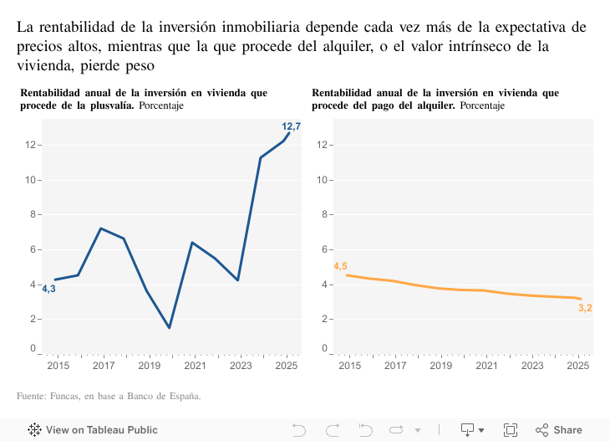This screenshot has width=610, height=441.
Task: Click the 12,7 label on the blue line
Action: (291, 126)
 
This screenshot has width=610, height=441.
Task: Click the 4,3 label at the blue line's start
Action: (48, 289)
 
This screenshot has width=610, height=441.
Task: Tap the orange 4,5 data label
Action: (340, 266)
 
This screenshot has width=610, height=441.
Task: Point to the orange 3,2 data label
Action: (585, 308)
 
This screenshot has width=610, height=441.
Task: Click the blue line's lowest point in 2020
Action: (170, 327)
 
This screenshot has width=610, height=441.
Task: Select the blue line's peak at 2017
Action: (100, 228)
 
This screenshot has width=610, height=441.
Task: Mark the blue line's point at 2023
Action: (238, 279)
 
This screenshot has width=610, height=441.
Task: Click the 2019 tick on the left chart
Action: (149, 366)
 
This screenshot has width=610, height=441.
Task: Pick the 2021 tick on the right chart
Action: (485, 366)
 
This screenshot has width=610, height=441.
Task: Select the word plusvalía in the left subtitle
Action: (109, 106)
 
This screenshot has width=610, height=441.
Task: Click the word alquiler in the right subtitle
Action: (434, 106)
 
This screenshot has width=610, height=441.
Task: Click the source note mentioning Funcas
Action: (109, 396)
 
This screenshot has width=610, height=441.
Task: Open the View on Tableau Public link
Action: (93, 430)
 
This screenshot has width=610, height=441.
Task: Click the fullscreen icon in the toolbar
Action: (511, 430)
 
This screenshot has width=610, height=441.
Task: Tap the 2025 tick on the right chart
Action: (577, 366)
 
